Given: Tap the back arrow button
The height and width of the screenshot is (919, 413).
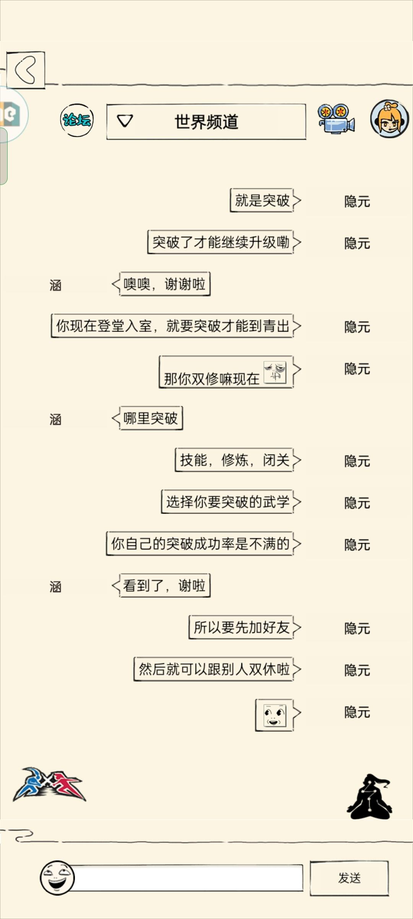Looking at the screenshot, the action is click(26, 70).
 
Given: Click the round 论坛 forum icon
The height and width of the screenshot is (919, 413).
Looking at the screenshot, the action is click(77, 120).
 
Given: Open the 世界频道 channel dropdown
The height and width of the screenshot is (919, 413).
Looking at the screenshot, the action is click(206, 122).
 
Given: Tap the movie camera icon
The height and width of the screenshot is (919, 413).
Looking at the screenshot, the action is click(336, 119).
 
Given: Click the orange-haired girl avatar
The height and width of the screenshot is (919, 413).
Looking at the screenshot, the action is click(390, 119).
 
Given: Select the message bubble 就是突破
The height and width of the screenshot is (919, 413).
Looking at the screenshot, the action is click(262, 200).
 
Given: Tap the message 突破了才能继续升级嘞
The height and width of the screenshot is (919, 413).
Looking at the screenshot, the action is click(221, 242).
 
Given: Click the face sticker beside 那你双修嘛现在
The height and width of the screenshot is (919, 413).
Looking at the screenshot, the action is click(275, 372).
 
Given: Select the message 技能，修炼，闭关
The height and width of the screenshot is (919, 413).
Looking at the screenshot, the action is click(234, 460).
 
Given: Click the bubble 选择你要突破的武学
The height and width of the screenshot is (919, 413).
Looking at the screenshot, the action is click(228, 502).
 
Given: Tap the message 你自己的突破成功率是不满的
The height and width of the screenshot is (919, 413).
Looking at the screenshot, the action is click(200, 543).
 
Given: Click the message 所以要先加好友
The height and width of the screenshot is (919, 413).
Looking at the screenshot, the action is click(241, 627).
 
